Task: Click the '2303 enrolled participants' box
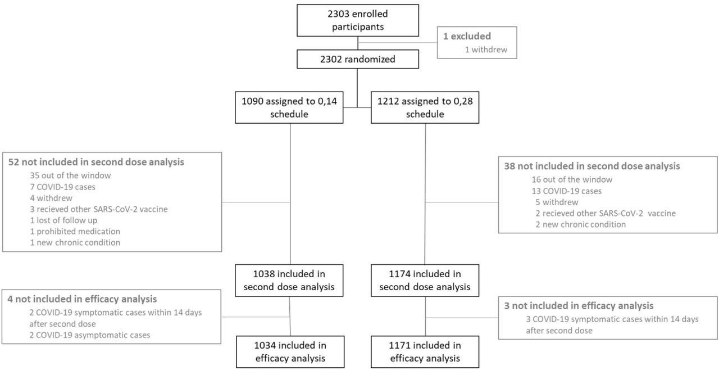358,20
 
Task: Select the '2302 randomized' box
358,59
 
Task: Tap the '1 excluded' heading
467,37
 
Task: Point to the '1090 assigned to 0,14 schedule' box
289,107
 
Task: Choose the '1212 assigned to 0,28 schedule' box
425,107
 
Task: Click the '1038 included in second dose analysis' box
289,281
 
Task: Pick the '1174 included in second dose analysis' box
425,281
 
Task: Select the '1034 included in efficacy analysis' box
290,351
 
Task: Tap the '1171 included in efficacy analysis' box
425,351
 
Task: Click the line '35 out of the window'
70,175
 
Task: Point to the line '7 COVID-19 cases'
62,187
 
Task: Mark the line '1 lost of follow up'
63,220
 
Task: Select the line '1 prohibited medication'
75,232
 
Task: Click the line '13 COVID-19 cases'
567,191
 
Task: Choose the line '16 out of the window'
572,179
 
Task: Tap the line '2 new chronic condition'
581,224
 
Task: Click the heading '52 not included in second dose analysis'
96,162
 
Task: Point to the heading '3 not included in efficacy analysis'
579,306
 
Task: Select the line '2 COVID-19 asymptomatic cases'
89,335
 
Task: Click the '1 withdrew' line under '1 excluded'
486,50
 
